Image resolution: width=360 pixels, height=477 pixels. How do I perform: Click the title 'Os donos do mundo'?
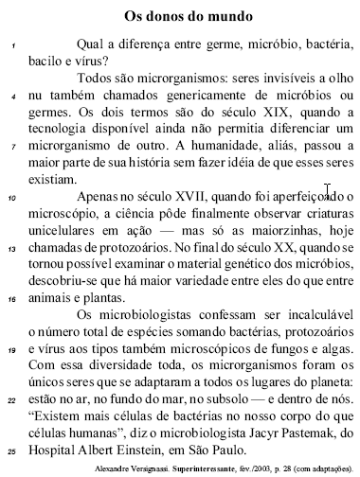pos(189,16)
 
